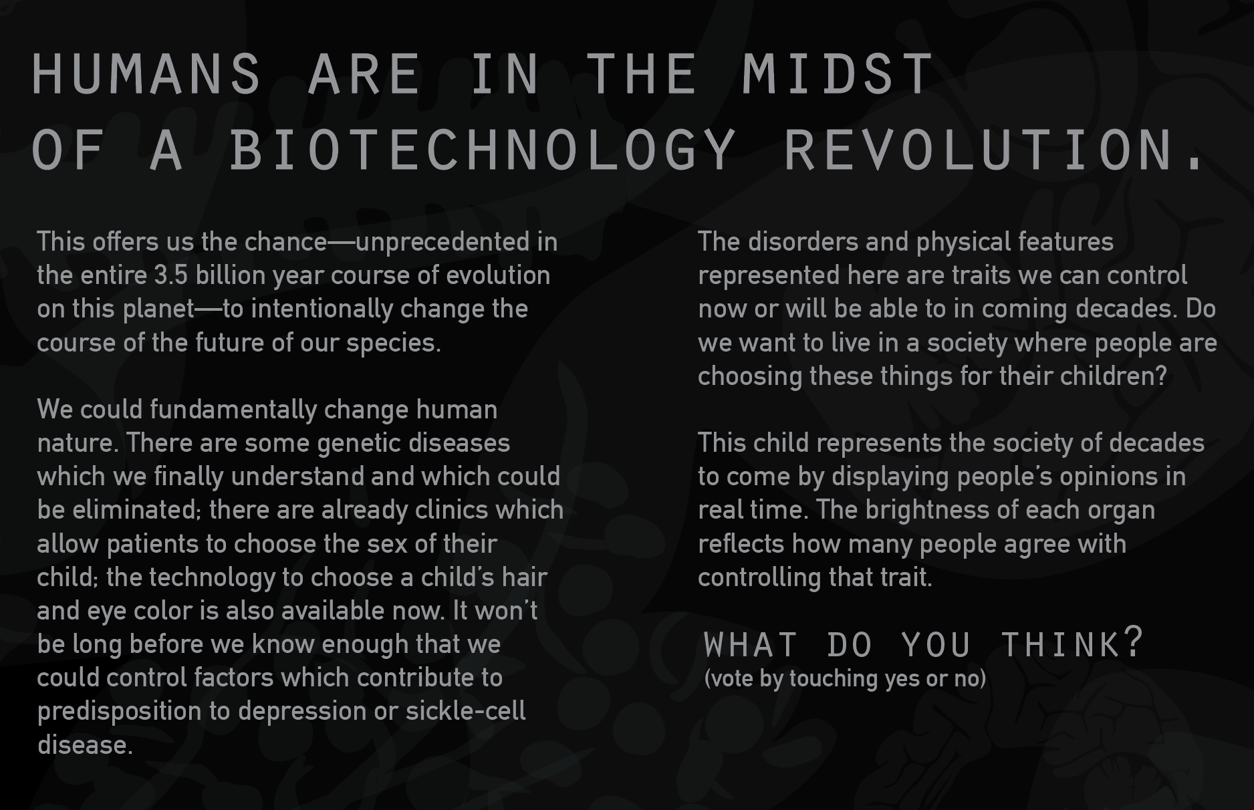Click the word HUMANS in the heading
pyautogui.click(x=146, y=74)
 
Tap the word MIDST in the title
pyautogui.click(x=838, y=74)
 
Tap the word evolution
pyautogui.click(x=497, y=275)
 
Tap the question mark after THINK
pyautogui.click(x=1133, y=642)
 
